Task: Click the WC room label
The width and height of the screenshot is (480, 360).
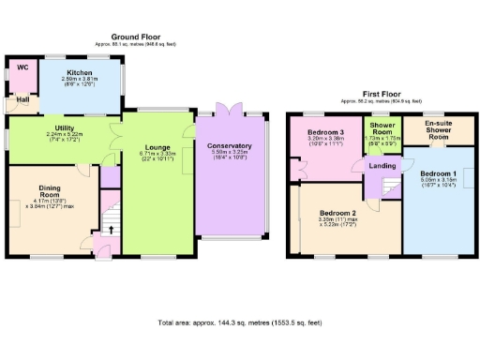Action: pyautogui.click(x=21, y=68)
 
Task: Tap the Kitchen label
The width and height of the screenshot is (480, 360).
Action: pyautogui.click(x=78, y=71)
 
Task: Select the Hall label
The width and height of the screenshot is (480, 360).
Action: pyautogui.click(x=21, y=98)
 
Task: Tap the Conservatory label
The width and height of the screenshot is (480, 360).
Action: pyautogui.click(x=230, y=146)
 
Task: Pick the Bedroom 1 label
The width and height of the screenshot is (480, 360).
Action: pyautogui.click(x=438, y=174)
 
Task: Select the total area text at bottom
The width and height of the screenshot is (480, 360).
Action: pyautogui.click(x=239, y=323)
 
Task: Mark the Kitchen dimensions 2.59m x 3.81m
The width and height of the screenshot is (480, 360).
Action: pyautogui.click(x=78, y=82)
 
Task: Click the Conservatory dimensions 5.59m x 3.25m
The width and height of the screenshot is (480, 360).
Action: pyautogui.click(x=230, y=157)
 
